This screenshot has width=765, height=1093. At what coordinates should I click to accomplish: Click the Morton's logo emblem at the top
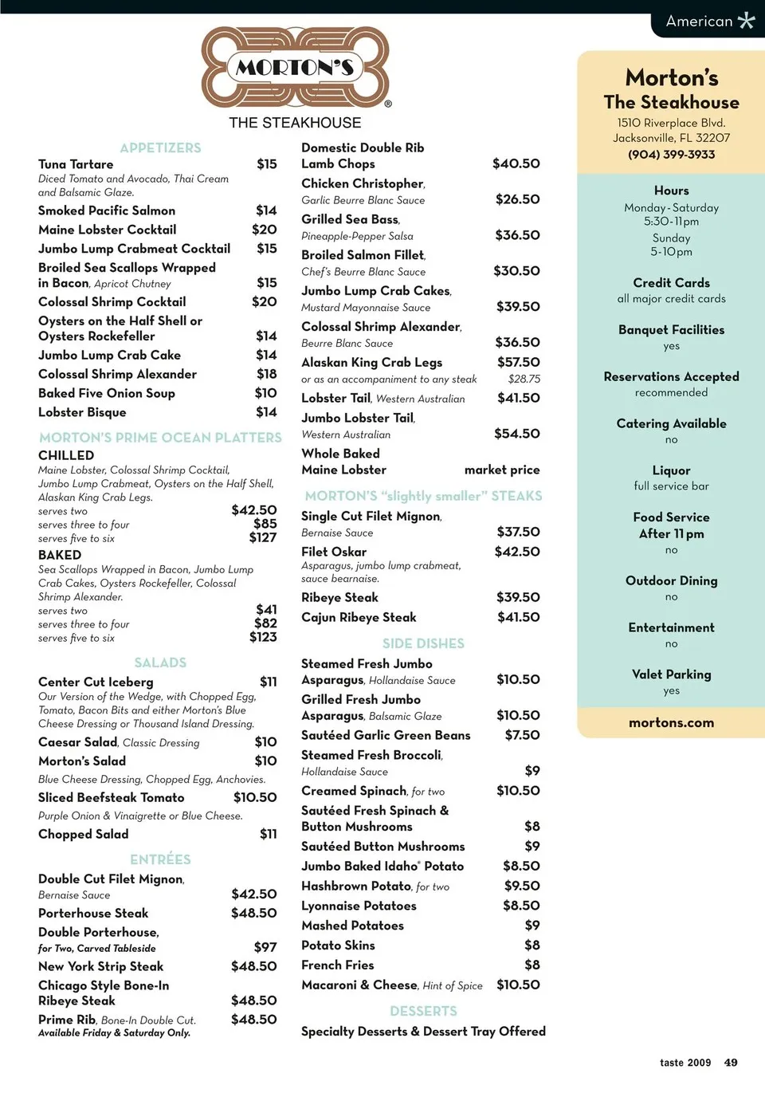pos(295,67)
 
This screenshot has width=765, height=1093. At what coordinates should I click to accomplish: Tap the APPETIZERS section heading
pos(160,147)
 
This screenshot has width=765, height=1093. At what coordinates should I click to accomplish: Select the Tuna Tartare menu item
pos(76,164)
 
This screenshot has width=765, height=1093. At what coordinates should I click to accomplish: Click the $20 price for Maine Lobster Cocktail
pos(265,230)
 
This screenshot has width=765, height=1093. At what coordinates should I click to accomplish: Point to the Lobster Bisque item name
pos(82,412)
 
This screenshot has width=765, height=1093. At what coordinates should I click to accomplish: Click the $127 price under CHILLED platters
pos(263,537)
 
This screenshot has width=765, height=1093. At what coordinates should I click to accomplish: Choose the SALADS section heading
pos(160,662)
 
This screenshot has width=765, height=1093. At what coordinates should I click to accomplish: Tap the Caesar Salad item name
pos(78,742)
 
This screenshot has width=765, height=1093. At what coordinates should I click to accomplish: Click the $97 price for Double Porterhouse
pos(265,947)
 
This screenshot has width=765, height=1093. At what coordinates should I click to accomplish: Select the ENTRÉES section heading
pos(160,859)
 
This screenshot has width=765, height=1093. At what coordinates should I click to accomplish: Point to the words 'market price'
pos(502,470)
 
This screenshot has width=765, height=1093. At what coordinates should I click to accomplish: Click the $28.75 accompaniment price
pos(524,379)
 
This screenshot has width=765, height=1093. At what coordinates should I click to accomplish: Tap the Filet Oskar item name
pos(334,552)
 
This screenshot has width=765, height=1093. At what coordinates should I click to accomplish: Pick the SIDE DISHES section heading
pos(423,643)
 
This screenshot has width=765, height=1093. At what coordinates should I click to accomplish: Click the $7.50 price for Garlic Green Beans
pos(522,735)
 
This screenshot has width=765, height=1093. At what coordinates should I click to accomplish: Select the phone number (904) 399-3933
pos(671,155)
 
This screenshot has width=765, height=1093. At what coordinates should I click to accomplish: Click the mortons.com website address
pos(671,723)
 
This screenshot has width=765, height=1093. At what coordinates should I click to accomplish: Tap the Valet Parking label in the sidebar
pos(671,674)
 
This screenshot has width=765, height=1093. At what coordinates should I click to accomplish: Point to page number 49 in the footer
pos(731,1063)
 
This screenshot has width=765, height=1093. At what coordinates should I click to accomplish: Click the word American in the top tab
pos(699,22)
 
